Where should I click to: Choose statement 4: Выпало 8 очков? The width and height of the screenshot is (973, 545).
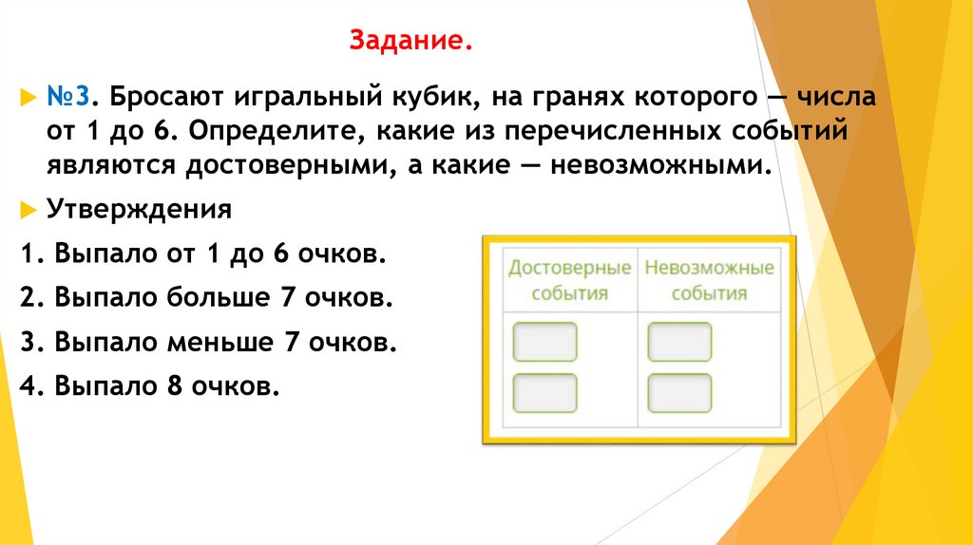[149, 385]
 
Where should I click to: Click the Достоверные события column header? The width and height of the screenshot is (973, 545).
[569, 279]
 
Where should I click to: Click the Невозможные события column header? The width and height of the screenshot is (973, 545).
[709, 279]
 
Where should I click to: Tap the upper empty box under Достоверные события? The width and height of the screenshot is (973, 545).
[544, 342]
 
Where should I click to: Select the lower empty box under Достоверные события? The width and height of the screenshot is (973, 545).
[544, 392]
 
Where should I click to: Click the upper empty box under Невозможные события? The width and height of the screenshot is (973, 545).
[679, 342]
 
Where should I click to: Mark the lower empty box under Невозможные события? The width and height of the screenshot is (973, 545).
[679, 392]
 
